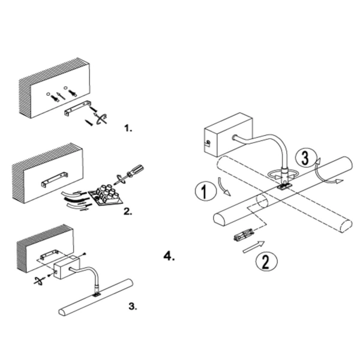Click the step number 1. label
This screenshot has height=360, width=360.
coord(128,128)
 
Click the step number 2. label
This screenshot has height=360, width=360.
coord(128,211)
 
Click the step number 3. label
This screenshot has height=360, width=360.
coord(133,306)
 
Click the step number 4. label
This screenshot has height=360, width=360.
coord(169,256)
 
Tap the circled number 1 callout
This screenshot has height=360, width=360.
coord(206,191)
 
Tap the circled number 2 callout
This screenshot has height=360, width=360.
coord(266,262)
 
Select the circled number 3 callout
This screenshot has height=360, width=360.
coord(306,158)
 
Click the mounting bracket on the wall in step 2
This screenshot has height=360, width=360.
coord(55,179)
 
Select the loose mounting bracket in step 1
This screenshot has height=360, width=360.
coord(77,108)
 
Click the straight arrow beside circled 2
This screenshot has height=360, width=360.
coord(254,247)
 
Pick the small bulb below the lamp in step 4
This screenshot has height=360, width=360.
coord(244,235)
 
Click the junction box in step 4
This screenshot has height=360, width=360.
coord(229,134)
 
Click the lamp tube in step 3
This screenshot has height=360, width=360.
coord(96,298)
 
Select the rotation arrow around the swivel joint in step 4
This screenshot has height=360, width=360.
coord(283,174)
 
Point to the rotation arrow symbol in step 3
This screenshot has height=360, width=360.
coord(38,281)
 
